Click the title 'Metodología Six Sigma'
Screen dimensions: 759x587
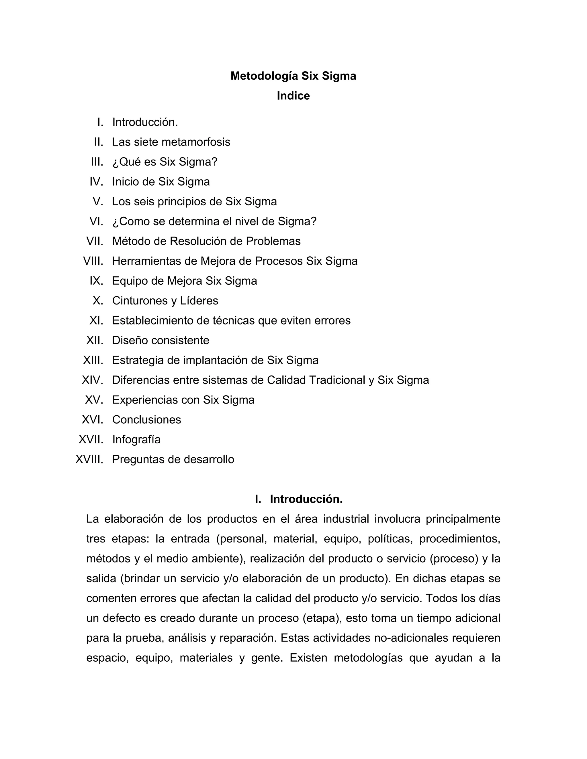(x=293, y=76)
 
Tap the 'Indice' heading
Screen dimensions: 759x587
(x=293, y=96)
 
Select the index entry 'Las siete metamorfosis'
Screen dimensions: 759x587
(x=171, y=142)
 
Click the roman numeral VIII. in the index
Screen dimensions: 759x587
(x=93, y=261)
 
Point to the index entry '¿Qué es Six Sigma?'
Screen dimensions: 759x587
(x=165, y=162)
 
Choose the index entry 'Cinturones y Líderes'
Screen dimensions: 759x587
(x=165, y=301)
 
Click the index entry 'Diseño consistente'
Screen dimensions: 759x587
(x=161, y=340)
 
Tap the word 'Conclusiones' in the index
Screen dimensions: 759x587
(x=146, y=420)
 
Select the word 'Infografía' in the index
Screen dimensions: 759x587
(x=136, y=439)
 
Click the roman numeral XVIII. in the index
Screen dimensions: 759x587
(x=89, y=459)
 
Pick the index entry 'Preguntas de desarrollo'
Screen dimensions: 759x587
(x=173, y=459)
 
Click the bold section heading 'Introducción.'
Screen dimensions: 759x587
(x=306, y=499)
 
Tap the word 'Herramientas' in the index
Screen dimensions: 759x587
(x=146, y=261)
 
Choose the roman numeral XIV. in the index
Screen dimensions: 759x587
(x=93, y=380)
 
